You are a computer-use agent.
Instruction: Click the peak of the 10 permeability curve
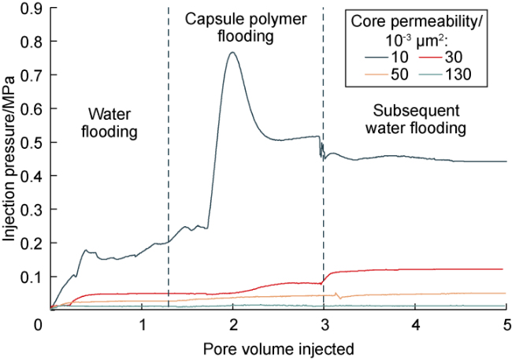(232, 53)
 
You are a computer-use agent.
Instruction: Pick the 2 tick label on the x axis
(232, 324)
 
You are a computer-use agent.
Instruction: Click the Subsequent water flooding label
(420, 117)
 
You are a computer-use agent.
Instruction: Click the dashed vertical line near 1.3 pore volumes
(169, 197)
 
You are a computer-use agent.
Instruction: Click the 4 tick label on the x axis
(414, 324)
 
